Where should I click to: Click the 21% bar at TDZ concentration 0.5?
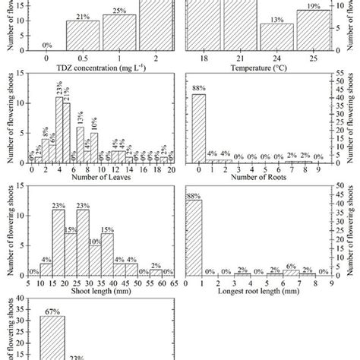click(x=83, y=35)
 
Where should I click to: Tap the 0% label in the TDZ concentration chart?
click(x=46, y=45)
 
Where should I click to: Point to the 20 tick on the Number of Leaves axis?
click(x=171, y=170)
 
